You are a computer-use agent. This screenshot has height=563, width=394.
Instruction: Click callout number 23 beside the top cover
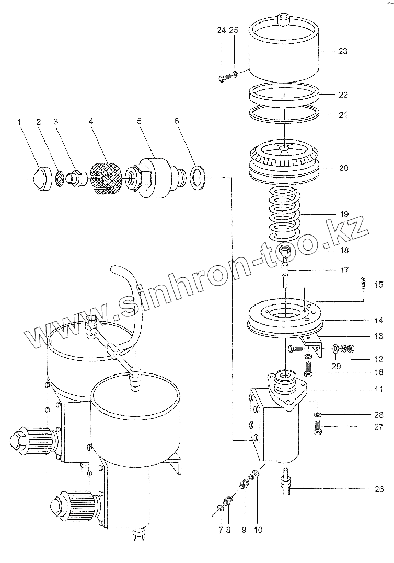[343, 51]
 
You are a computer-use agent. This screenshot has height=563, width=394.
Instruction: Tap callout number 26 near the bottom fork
[379, 489]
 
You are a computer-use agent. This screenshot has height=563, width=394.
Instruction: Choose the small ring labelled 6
[199, 178]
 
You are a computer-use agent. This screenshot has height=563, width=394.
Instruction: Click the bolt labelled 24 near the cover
[224, 78]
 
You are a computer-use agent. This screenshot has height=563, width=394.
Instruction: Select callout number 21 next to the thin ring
[343, 115]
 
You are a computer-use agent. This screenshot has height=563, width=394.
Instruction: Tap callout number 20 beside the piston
[343, 169]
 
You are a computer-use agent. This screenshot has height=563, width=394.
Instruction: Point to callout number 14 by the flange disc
[379, 320]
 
